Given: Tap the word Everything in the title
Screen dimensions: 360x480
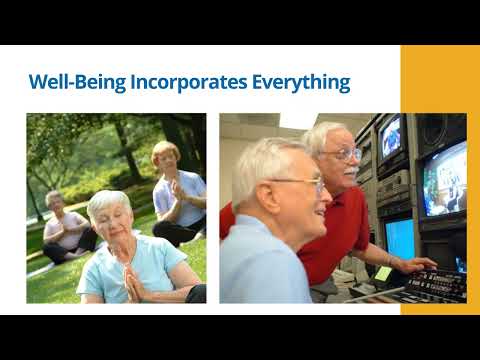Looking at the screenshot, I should pyautogui.click(x=301, y=82).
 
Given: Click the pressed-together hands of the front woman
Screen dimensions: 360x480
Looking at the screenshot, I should pyautogui.click(x=133, y=283).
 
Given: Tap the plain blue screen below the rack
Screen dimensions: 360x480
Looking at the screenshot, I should pyautogui.click(x=400, y=240).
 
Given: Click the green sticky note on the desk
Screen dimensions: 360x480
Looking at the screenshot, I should pyautogui.click(x=383, y=273).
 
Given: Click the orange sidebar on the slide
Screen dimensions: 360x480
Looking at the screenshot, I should pyautogui.click(x=440, y=180).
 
